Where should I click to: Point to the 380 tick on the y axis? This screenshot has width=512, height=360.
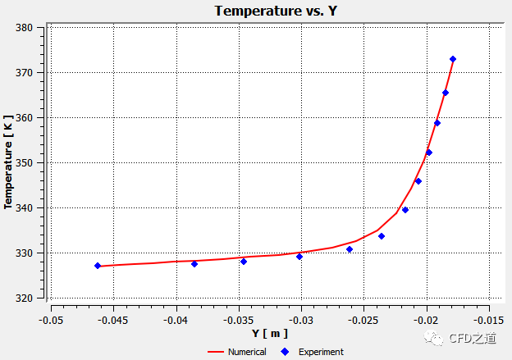(24, 27)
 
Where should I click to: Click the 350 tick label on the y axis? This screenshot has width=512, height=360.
(24, 162)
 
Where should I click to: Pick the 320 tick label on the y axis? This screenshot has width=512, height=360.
(24, 298)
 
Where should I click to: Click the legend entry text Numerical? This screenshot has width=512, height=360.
(248, 352)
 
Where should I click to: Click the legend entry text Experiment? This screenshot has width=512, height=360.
(321, 352)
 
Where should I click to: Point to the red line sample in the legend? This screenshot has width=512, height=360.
(216, 352)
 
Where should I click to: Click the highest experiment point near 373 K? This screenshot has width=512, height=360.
(453, 59)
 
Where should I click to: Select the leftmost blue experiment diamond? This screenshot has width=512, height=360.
(98, 266)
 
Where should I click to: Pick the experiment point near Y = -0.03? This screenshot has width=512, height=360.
(299, 257)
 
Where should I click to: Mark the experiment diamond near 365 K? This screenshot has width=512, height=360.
(446, 93)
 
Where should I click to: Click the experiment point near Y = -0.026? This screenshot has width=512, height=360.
(350, 249)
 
